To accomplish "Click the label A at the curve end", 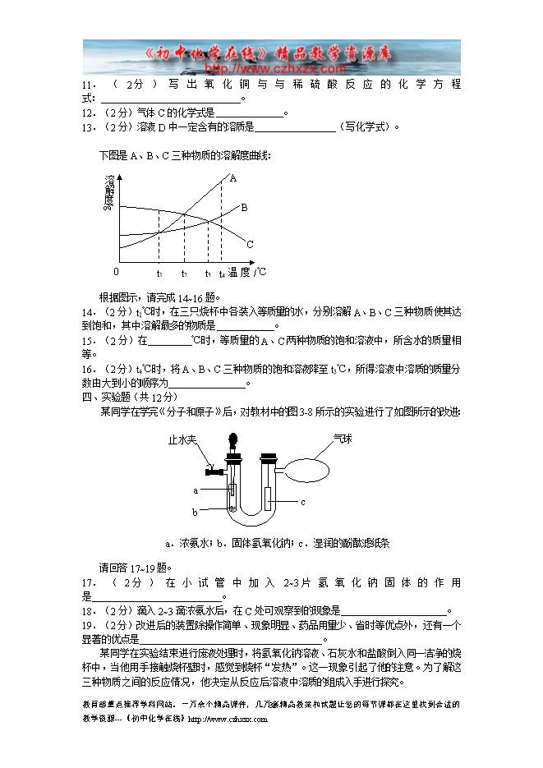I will click(x=233, y=178).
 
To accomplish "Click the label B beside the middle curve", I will click(x=244, y=208).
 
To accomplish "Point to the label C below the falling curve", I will click(x=250, y=244).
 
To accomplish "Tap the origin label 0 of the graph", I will click(x=116, y=271).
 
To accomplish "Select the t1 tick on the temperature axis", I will click(x=159, y=273).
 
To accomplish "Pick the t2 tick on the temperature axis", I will click(x=184, y=273).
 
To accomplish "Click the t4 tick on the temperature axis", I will click(x=221, y=273).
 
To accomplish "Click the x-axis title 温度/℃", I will click(x=247, y=271).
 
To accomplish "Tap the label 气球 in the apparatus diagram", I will click(x=343, y=439).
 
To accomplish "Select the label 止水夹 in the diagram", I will click(x=181, y=439).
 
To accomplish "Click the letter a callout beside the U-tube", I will click(x=196, y=490).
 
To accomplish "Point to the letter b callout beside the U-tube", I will click(x=196, y=512).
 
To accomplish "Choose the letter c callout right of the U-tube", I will click(x=302, y=501).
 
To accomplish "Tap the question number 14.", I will click(x=89, y=312).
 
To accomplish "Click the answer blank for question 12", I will click(x=248, y=114).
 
